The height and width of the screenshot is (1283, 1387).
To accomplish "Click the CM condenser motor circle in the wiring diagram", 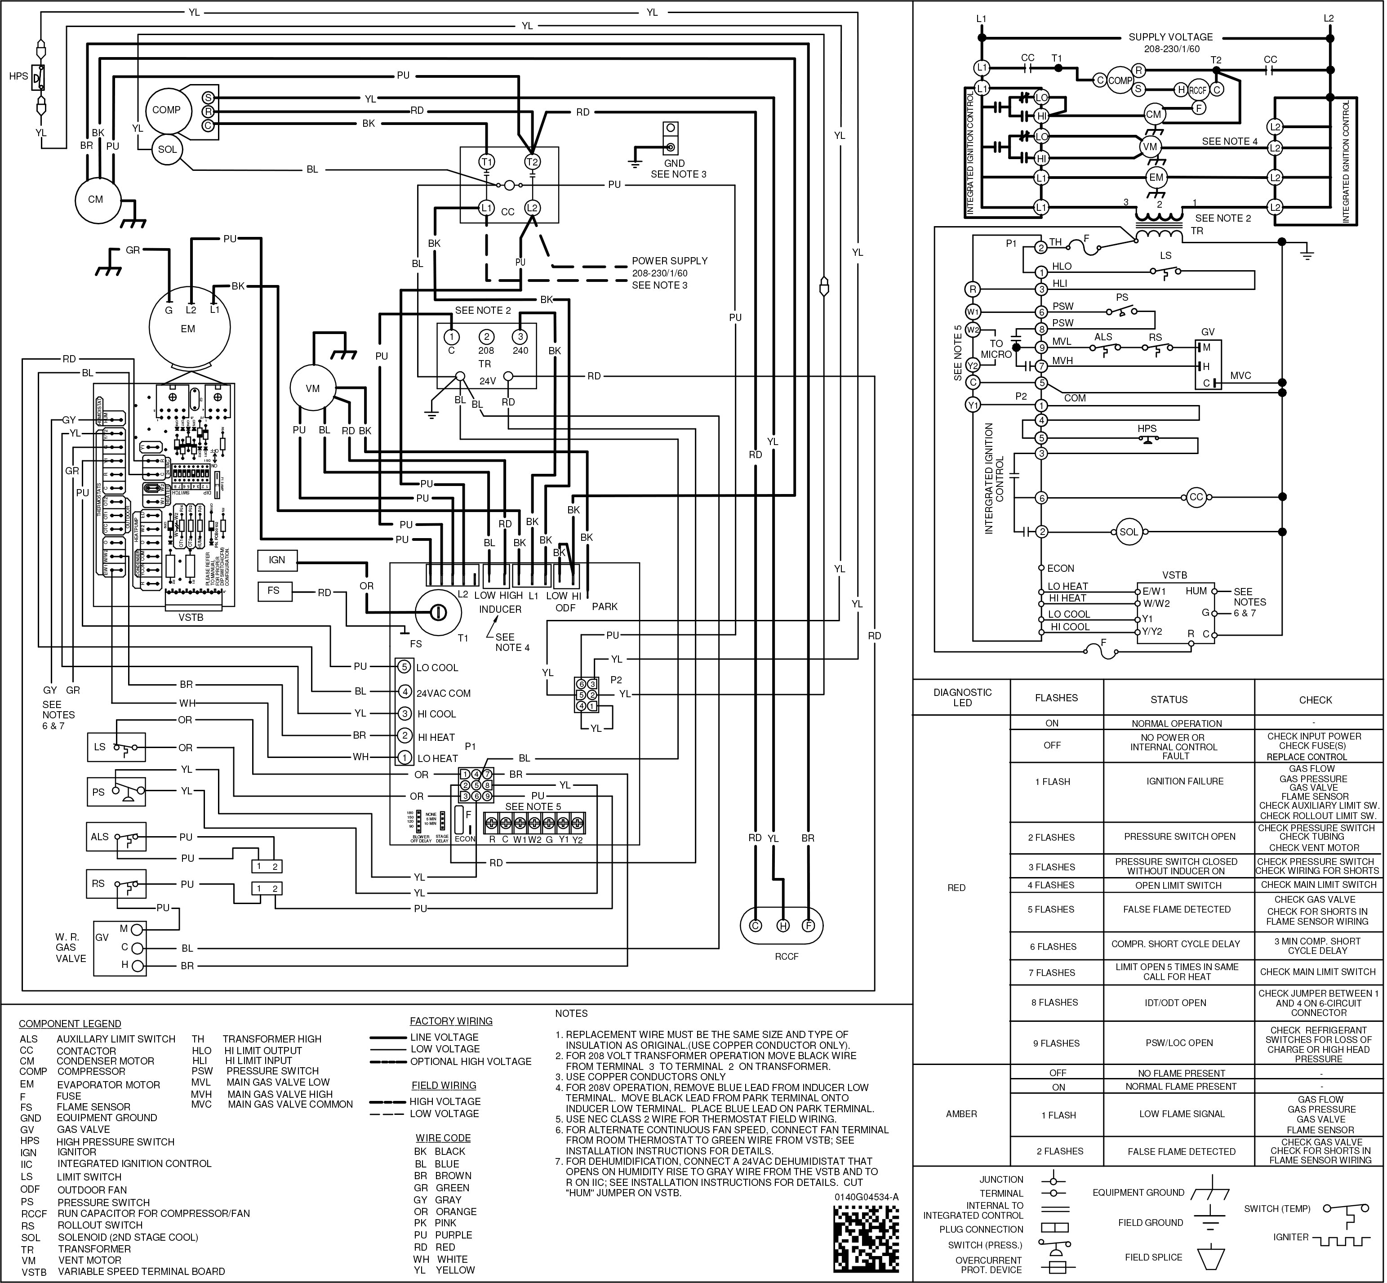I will pyautogui.click(x=95, y=199).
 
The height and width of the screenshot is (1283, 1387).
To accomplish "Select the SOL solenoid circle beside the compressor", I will pyautogui.click(x=167, y=149).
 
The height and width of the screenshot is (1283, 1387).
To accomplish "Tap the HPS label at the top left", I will pyautogui.click(x=19, y=76).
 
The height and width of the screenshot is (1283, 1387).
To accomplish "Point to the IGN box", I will pyautogui.click(x=276, y=560).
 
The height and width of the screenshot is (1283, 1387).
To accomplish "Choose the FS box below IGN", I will pyautogui.click(x=274, y=591).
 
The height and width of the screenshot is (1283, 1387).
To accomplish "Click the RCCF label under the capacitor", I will pyautogui.click(x=787, y=956).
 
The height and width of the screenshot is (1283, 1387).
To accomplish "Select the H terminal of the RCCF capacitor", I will pyautogui.click(x=782, y=926).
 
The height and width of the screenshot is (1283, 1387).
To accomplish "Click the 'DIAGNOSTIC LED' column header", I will pyautogui.click(x=962, y=697).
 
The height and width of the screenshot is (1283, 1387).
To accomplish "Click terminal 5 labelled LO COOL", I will pyautogui.click(x=405, y=667).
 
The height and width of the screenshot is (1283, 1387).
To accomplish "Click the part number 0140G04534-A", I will pyautogui.click(x=867, y=1197).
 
